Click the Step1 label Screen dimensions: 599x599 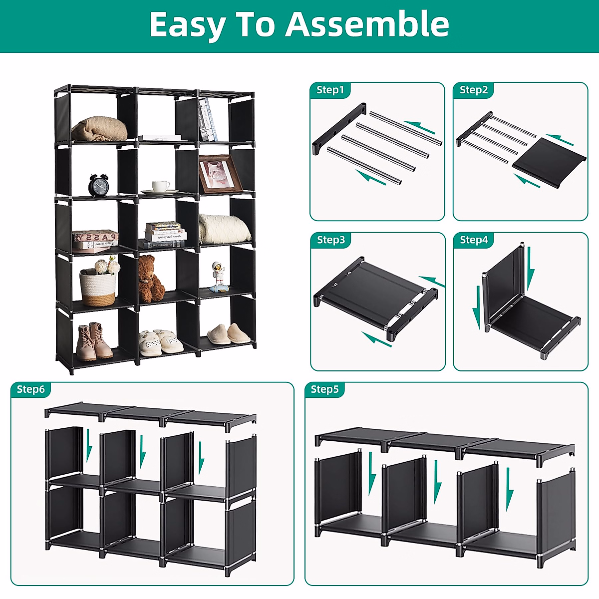click(330, 90)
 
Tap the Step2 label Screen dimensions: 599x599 click(473, 90)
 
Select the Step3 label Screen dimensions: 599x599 click(330, 240)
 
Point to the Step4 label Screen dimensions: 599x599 click(473, 240)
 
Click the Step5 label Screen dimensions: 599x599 click(324, 389)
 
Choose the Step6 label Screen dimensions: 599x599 click(30, 389)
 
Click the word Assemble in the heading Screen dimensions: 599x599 click(367, 24)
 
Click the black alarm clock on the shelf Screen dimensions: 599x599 click(98, 185)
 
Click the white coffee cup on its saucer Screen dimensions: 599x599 click(160, 187)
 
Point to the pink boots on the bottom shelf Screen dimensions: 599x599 click(94, 342)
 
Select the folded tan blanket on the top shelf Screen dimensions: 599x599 click(99, 129)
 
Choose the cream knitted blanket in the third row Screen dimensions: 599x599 click(224, 230)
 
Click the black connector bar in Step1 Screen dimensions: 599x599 click(339, 129)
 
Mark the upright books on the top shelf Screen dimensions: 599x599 click(208, 120)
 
